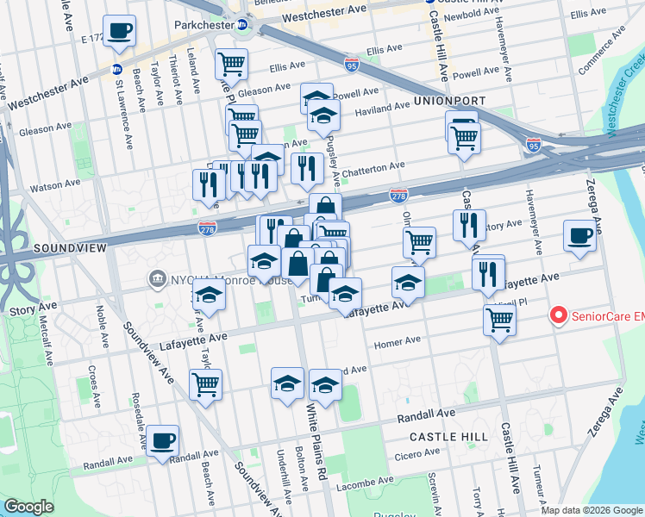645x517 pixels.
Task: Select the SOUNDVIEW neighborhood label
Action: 70,247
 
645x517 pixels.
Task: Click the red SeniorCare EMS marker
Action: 557,316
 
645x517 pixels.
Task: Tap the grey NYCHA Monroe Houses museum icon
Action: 157,277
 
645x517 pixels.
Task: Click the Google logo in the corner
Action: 28,507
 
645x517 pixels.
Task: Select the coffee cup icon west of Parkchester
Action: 119,31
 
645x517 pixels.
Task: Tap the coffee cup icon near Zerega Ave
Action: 579,235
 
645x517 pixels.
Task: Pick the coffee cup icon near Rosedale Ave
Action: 162,440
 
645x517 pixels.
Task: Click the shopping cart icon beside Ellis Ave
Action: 231,63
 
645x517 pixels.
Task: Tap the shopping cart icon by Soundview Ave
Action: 205,384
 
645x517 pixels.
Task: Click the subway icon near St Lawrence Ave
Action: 116,69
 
